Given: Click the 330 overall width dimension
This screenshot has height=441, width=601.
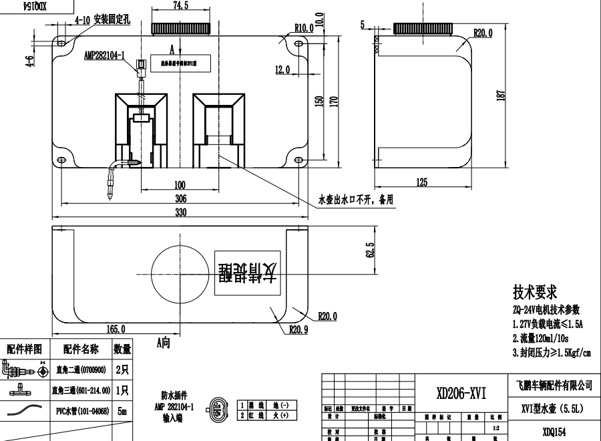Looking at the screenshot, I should [x=180, y=212].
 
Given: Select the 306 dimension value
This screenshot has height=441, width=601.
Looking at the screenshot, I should [x=180, y=198].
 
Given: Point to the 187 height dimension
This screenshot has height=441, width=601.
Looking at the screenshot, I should [x=501, y=96].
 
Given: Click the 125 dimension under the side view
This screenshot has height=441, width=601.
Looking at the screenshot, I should [x=421, y=182].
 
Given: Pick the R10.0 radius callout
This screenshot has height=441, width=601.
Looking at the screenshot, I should [x=304, y=28].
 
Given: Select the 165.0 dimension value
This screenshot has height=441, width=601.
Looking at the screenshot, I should [x=116, y=329].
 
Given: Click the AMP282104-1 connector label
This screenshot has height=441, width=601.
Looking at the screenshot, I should [x=105, y=56].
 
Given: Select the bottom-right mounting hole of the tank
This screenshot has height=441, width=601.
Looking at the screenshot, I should [x=298, y=160].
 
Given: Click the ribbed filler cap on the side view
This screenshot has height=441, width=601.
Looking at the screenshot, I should [x=423, y=29].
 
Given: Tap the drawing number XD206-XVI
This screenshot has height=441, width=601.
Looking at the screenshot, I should [x=461, y=394].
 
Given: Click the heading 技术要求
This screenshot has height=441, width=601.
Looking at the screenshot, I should [x=534, y=293].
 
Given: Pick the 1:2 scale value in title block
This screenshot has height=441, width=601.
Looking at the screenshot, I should [x=494, y=427].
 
